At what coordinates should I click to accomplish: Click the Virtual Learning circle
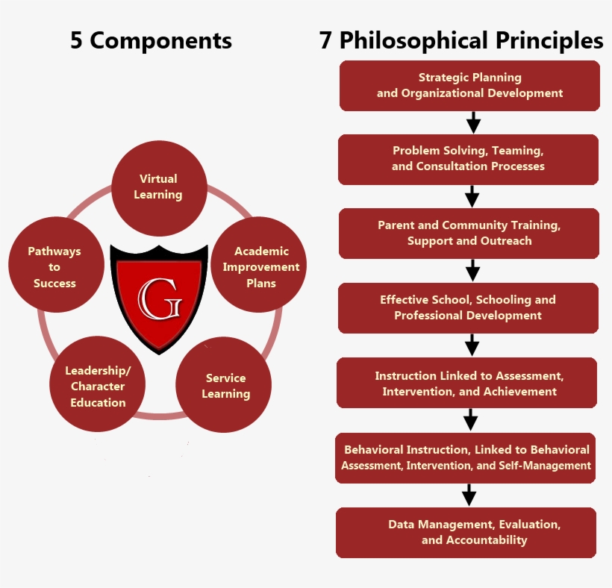point(159,187)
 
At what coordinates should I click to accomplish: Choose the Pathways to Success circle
point(54,266)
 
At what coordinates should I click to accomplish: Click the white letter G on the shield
point(158,298)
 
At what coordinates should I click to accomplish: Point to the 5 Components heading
point(151,40)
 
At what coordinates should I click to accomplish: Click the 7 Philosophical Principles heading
point(460,40)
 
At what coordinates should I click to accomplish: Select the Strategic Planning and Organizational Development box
point(469,85)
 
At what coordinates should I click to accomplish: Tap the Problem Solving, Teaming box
point(468,159)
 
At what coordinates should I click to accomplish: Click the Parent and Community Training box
point(469,233)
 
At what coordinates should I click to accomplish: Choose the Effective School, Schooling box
point(468,307)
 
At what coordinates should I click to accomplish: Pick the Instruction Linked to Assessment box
point(469,383)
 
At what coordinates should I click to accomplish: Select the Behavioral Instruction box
point(466,457)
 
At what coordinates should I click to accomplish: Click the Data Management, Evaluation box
point(466,532)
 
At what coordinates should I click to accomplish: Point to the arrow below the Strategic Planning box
point(472,122)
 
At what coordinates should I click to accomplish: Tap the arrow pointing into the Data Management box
point(469,495)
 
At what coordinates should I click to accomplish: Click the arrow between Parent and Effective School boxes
point(472,270)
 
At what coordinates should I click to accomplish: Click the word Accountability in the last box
point(486,540)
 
